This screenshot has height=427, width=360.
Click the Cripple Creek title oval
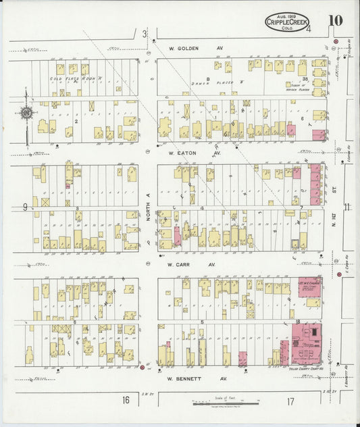pyautogui.click(x=287, y=23)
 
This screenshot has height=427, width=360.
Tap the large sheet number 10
pyautogui.click(x=336, y=20)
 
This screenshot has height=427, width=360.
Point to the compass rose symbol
pyautogui.click(x=28, y=114)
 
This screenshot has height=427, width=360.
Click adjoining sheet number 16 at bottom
pyautogui.click(x=126, y=400)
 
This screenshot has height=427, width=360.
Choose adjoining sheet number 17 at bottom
pyautogui.click(x=290, y=401)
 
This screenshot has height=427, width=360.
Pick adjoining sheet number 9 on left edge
pyautogui.click(x=24, y=207)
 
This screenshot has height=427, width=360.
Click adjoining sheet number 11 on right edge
pyautogui.click(x=347, y=207)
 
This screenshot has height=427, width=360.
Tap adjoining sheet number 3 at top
pyautogui.click(x=144, y=33)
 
